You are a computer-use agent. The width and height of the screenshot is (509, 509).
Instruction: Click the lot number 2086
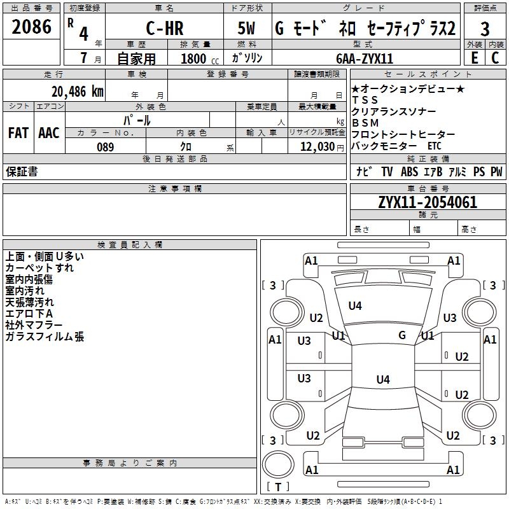coord(32,27)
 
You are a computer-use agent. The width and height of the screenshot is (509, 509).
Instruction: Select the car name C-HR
coord(164,29)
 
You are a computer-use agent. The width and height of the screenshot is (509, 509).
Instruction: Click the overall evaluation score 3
coord(485,29)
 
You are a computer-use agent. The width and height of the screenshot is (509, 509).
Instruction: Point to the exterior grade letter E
coord(474,58)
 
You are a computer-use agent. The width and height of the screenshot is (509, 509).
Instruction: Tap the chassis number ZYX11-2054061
coord(428,203)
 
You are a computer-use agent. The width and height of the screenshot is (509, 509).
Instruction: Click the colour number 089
coord(105,147)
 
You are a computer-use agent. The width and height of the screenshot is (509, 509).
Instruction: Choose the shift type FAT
coord(18,133)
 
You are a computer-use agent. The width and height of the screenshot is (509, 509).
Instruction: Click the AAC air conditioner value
coord(49,133)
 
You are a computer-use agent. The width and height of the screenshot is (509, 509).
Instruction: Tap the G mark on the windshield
coord(402,335)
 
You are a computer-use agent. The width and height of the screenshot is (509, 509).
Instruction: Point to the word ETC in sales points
coord(435,146)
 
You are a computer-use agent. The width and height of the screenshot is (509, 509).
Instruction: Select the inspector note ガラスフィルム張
coord(45,337)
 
